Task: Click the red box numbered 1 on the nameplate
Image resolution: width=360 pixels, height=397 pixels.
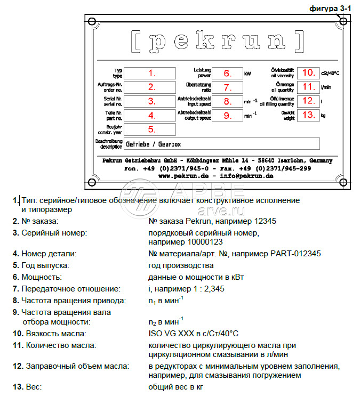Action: click(152, 73)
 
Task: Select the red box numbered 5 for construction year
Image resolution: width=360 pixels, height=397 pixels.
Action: click(152, 129)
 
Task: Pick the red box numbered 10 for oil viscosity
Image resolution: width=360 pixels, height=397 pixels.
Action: click(308, 72)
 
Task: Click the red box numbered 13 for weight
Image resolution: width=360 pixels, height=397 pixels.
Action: click(308, 115)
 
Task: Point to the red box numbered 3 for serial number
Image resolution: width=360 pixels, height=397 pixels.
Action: click(152, 101)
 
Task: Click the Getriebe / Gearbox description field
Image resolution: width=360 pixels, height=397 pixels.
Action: click(221, 144)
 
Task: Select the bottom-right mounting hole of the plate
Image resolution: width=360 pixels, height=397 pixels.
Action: click(343, 183)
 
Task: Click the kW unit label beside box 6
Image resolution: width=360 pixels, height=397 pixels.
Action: click(247, 74)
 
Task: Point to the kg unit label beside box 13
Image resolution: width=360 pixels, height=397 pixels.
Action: click(323, 115)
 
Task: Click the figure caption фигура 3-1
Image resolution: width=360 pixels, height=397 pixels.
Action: click(331, 9)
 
